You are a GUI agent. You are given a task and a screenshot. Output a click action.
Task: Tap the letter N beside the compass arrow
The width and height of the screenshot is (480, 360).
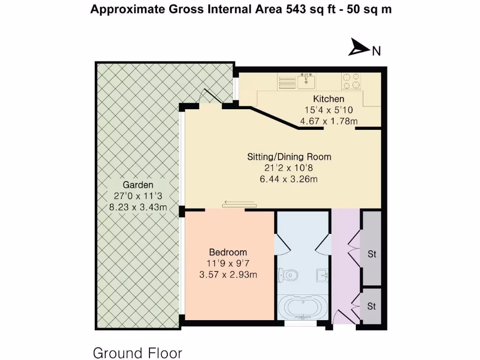point(376,51)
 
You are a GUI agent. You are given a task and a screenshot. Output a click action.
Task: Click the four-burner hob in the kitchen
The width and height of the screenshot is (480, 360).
point(352,81)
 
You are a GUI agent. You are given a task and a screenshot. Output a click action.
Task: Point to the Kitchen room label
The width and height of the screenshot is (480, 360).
point(329,99)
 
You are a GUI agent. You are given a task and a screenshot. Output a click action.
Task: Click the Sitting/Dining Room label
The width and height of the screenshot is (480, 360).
point(289,157)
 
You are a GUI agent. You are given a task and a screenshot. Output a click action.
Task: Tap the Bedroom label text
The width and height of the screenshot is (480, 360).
point(228,252)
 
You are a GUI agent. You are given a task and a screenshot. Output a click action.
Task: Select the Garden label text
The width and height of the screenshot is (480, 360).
point(138,185)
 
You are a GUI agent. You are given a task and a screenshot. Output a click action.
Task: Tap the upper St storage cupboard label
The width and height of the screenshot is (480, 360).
point(372,255)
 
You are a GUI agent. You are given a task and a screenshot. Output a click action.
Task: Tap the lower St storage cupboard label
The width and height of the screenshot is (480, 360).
point(372,307)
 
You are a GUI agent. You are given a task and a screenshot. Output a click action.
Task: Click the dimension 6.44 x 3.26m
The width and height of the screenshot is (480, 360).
point(289,179)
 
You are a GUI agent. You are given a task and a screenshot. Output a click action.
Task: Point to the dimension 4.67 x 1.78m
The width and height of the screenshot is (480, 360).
point(329,121)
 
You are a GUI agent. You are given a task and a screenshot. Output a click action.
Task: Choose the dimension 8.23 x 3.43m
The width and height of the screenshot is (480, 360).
point(138,207)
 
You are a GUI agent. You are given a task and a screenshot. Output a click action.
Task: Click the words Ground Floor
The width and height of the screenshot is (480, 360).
point(137,352)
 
